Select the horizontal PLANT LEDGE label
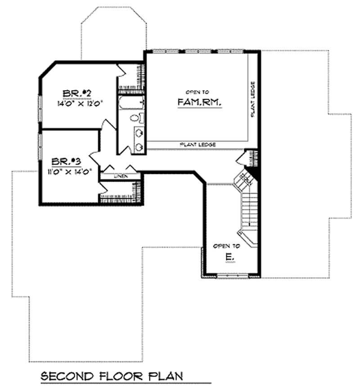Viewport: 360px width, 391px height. [198, 145]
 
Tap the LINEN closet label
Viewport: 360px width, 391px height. [120, 176]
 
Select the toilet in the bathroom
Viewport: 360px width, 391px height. [135, 118]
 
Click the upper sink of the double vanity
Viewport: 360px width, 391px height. [139, 133]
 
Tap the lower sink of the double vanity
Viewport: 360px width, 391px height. [139, 146]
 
